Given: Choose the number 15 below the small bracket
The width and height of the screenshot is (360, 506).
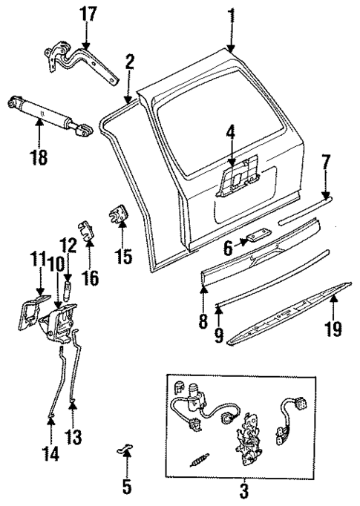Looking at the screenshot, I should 122,257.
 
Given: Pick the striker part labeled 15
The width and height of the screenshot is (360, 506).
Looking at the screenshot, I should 119,216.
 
